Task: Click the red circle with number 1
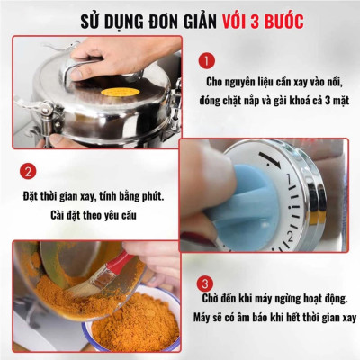pos(206,60)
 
